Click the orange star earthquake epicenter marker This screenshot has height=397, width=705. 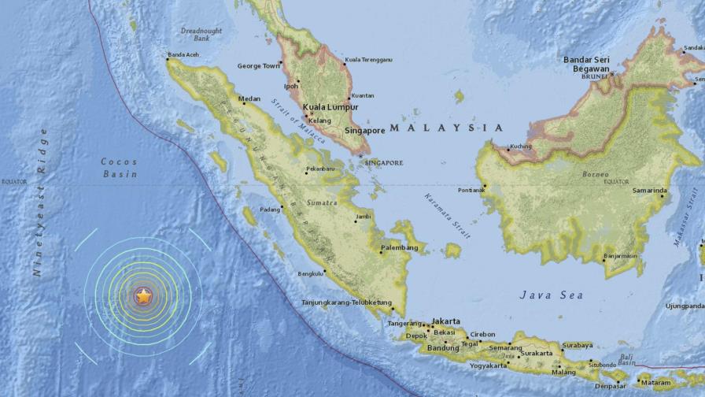[x=143, y=296]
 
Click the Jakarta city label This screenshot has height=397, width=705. [x=446, y=321]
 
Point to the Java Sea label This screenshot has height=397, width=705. [x=552, y=295]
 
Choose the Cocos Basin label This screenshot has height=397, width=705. [x=119, y=167]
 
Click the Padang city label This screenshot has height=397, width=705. [x=270, y=210]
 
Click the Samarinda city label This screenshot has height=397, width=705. [x=650, y=191]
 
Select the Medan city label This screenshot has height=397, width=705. [x=249, y=99]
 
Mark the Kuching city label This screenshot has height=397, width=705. [x=521, y=147]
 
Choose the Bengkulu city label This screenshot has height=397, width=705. [x=312, y=274]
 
